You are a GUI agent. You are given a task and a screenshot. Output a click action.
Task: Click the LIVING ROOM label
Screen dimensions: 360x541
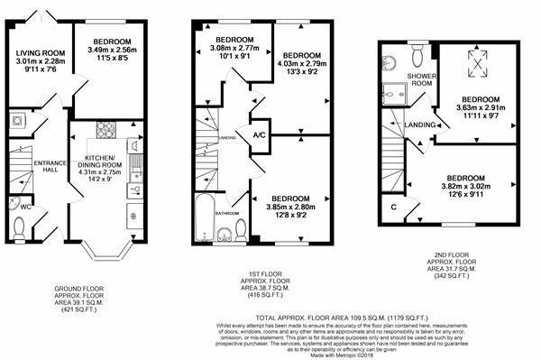click(x=39, y=53)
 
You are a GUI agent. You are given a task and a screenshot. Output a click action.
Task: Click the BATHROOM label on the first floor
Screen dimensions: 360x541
click(x=225, y=213)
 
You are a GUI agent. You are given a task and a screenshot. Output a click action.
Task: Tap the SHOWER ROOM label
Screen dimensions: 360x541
click(x=421, y=80)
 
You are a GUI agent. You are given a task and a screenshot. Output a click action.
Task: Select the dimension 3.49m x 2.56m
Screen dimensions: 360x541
click(x=110, y=51)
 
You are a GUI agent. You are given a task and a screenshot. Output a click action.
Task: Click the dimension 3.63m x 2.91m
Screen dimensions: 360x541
click(x=481, y=108)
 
